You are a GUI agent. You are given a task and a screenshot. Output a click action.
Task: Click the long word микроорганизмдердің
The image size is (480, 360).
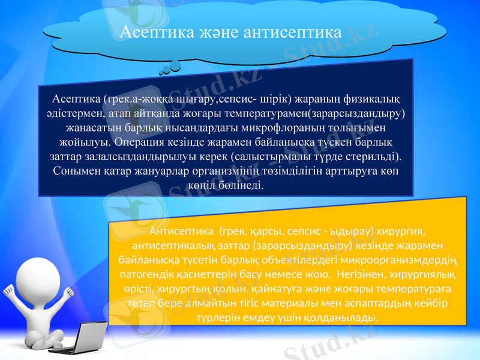point(396,260)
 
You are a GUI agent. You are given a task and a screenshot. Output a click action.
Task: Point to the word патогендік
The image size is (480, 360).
point(148,275)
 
